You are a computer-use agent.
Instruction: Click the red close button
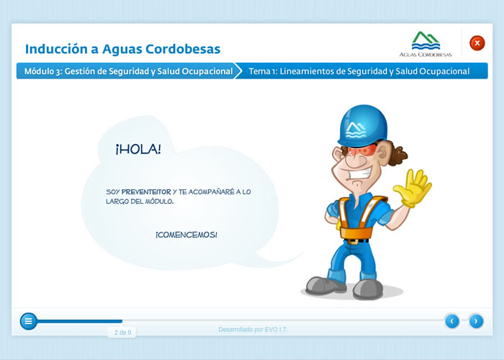pyautogui.click(x=477, y=43)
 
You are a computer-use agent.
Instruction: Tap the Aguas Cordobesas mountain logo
pyautogui.click(x=426, y=41)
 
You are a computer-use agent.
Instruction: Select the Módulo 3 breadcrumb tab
pyautogui.click(x=129, y=71)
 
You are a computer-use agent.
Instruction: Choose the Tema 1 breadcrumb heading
pyautogui.click(x=359, y=71)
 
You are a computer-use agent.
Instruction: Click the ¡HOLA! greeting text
pyautogui.click(x=138, y=149)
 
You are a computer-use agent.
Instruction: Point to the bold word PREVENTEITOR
pyautogui.click(x=146, y=192)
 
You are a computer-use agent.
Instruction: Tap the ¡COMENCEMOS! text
pyautogui.click(x=186, y=235)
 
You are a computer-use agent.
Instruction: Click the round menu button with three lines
pyautogui.click(x=28, y=321)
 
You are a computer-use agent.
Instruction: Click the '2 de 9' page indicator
pyautogui.click(x=123, y=333)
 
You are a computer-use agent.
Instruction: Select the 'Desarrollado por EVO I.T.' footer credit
pyautogui.click(x=253, y=330)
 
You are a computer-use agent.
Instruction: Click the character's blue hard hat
pyautogui.click(x=362, y=125)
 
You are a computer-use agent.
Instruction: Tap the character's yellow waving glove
pyautogui.click(x=413, y=188)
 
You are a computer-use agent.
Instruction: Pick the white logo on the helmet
pyautogui.click(x=356, y=130)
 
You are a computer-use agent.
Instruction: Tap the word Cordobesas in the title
pyautogui.click(x=183, y=49)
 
